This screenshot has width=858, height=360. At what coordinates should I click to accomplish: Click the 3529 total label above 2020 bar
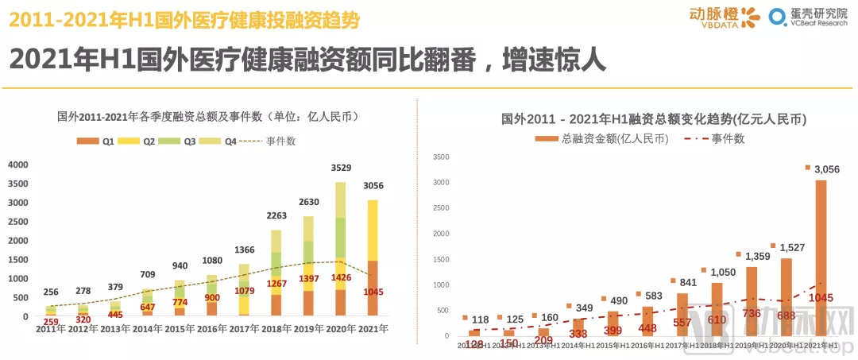(x=341, y=168)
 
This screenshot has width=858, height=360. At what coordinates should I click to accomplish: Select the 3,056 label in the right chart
(x=826, y=168)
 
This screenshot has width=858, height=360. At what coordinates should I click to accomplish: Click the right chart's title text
(x=654, y=120)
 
